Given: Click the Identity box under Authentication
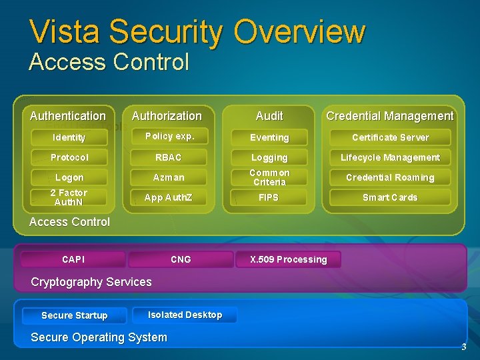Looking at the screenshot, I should (x=69, y=137).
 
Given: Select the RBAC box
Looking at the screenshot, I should (x=168, y=157).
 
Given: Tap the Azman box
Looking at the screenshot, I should (x=168, y=177).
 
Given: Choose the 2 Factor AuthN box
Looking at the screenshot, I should (x=69, y=197).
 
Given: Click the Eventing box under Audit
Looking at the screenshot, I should (x=269, y=137).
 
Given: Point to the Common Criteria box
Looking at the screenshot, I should (x=269, y=177).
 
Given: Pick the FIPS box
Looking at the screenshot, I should (x=269, y=197).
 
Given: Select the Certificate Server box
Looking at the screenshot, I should (x=390, y=137).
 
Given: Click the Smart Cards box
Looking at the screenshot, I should (x=390, y=197).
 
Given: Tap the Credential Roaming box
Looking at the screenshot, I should (x=390, y=177).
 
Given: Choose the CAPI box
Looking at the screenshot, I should (x=73, y=259).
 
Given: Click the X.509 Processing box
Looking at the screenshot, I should (x=288, y=259).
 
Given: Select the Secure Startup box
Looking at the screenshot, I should (x=74, y=315).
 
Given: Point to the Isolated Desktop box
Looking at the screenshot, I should (x=185, y=315).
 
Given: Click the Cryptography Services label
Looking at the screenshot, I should (x=91, y=282).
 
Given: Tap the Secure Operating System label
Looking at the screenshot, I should (x=99, y=337).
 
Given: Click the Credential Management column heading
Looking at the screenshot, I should (x=389, y=116).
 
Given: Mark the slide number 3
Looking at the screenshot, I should (x=463, y=347).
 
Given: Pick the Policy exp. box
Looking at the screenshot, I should (x=169, y=136).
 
